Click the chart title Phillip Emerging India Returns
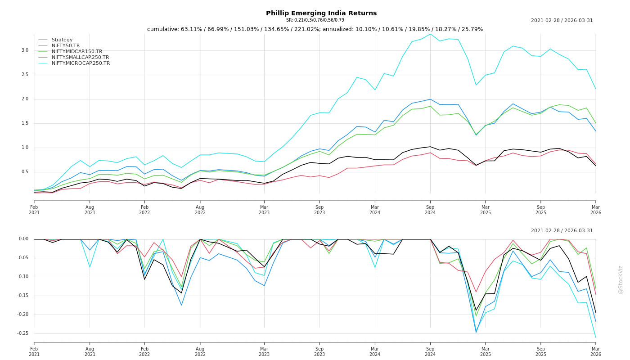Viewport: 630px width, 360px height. tap(321, 13)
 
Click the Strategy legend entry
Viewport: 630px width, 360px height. tap(62, 40)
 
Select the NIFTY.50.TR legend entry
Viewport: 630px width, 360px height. tap(66, 46)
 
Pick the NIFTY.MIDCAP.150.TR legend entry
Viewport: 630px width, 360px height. tap(77, 52)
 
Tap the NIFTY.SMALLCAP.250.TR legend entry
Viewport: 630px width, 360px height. tap(80, 58)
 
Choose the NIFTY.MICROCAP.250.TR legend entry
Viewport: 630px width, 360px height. tap(81, 63)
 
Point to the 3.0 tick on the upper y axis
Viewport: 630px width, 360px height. tap(25, 50)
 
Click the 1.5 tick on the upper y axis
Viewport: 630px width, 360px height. tap(25, 123)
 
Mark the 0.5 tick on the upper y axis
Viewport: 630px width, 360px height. tap(25, 172)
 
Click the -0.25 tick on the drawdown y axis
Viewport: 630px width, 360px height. tap(22, 333)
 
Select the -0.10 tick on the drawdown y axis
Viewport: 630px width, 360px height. tap(22, 277)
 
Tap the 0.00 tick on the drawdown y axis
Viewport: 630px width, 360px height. tap(23, 239)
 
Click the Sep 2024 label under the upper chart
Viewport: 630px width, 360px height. tap(430, 210)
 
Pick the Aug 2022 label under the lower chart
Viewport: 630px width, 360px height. tap(200, 351)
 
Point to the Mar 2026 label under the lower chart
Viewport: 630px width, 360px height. tap(596, 351)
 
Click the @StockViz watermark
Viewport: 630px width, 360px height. tap(621, 279)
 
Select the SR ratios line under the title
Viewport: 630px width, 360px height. tap(315, 20)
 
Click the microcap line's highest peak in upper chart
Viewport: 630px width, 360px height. tap(430, 34)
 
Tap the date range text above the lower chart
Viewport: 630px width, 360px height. tap(562, 231)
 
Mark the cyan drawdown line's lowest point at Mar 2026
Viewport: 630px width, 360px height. tap(595, 337)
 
